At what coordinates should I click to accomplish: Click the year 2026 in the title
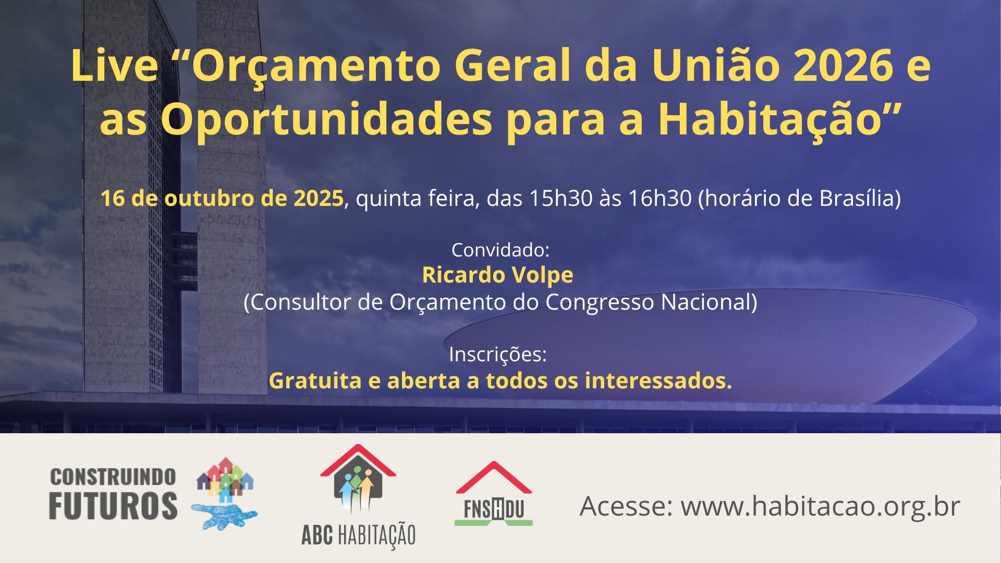point(843,66)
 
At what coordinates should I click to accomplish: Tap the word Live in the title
point(115,66)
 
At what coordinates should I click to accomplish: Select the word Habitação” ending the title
point(780,120)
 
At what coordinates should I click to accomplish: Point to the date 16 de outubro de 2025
point(222,199)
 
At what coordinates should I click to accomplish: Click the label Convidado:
point(500,250)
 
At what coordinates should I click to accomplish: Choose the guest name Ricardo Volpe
point(498,275)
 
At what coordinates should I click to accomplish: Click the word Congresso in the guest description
point(600,303)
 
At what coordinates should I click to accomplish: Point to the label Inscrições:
point(498,355)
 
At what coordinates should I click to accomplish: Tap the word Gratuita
point(315,381)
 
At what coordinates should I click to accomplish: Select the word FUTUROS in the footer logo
point(113,506)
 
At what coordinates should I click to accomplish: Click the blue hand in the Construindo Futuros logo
point(224,516)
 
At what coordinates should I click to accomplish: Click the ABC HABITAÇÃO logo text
point(359,535)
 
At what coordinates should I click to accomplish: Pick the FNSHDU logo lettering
point(494,509)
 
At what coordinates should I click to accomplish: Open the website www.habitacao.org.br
point(821,507)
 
